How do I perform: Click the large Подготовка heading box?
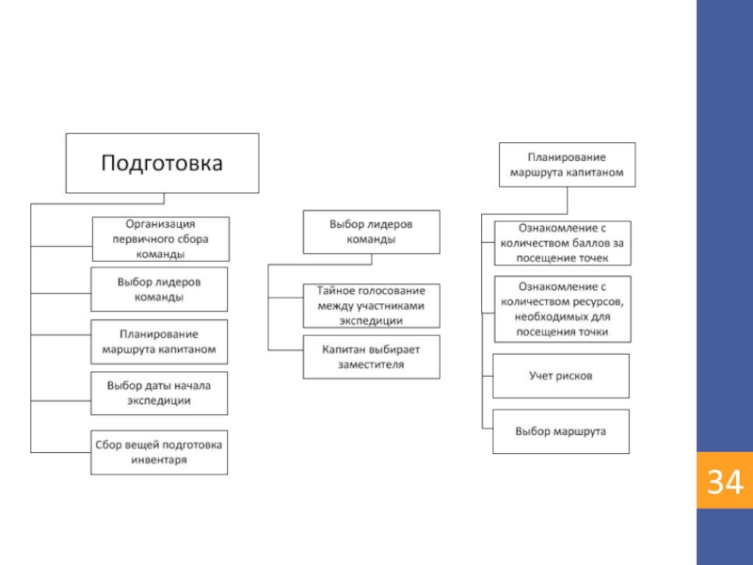(162, 163)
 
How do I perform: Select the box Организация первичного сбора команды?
(161, 239)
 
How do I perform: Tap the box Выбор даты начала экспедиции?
(159, 393)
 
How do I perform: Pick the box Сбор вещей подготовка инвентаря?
(159, 453)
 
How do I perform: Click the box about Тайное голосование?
(371, 305)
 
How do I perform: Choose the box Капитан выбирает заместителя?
(371, 357)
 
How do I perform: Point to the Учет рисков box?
(561, 376)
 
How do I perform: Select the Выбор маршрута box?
(561, 431)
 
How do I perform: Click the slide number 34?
(725, 481)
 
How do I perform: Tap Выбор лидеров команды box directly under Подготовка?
(159, 289)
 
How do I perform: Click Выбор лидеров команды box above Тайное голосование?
(371, 232)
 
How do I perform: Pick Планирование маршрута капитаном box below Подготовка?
(159, 342)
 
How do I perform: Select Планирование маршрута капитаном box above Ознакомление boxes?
(568, 165)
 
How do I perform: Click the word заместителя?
(371, 364)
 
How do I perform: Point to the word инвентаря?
(159, 460)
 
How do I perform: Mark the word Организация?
(160, 224)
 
